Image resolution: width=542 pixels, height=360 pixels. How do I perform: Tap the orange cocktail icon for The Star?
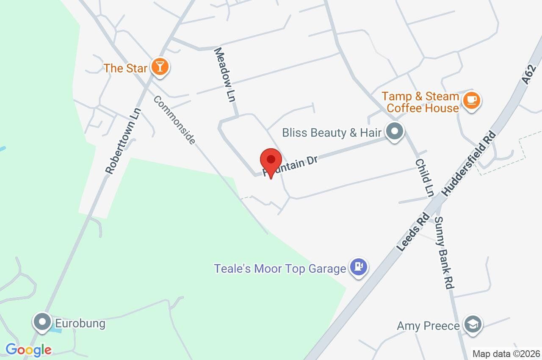click(160, 67)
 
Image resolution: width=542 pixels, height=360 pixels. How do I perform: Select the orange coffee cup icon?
click(471, 101)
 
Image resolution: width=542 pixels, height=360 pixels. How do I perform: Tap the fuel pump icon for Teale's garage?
click(359, 267)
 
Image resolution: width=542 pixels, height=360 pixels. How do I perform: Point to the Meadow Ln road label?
click(224, 75)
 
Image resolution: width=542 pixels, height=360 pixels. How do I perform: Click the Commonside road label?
click(174, 120)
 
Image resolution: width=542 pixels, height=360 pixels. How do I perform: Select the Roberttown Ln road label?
click(123, 141)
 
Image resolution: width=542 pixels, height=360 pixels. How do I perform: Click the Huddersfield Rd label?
click(469, 163)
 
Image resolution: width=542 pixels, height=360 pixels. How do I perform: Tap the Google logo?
click(28, 350)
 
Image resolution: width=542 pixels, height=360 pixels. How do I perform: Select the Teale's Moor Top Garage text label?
click(280, 269)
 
